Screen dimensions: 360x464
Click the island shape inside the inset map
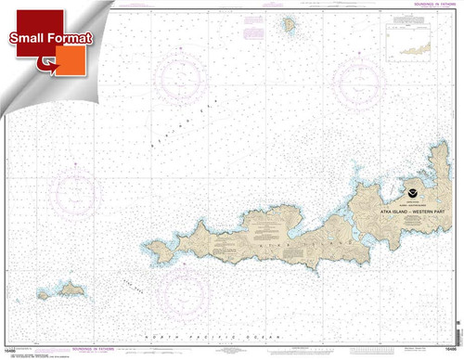(422, 42)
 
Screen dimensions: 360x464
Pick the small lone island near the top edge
(290, 22)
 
